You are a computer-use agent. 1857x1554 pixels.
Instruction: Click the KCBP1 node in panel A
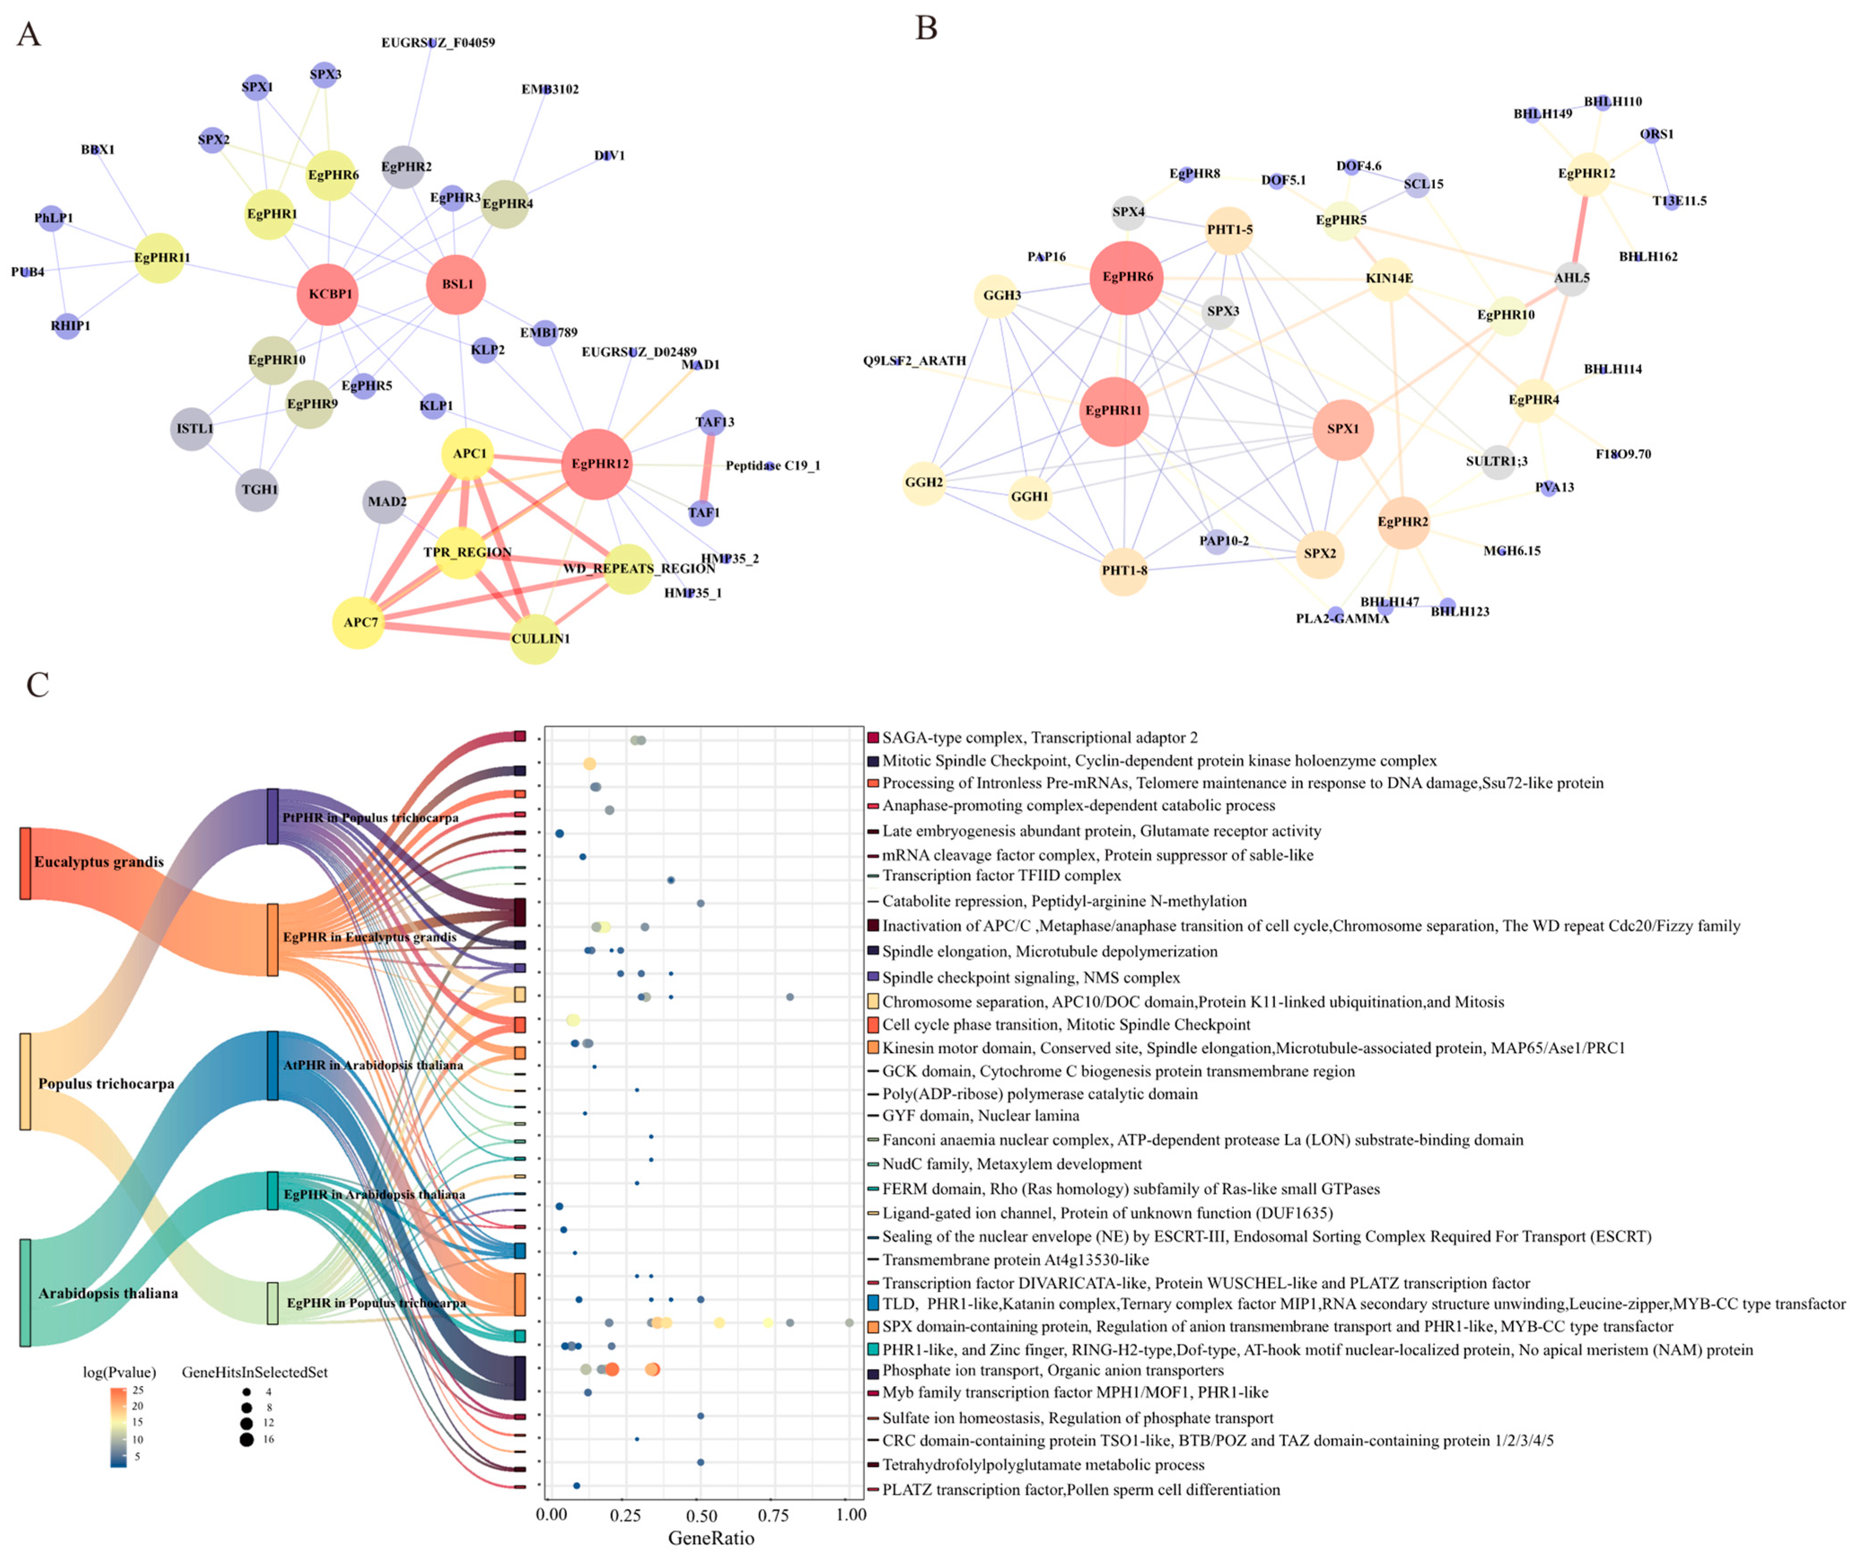click(x=328, y=294)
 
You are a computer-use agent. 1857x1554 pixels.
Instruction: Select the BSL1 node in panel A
click(x=456, y=284)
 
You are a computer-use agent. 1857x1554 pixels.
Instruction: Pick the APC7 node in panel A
click(x=359, y=622)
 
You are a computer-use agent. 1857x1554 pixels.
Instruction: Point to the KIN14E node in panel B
click(x=1389, y=278)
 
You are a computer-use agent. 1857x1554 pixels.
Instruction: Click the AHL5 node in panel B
click(x=1571, y=278)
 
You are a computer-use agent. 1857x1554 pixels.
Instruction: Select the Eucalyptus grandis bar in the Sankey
click(x=26, y=863)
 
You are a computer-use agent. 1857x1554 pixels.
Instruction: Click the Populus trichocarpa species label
click(x=106, y=1084)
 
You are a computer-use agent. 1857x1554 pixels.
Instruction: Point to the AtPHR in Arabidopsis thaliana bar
click(x=272, y=1066)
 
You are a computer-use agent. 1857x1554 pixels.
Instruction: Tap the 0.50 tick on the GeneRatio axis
click(x=701, y=1515)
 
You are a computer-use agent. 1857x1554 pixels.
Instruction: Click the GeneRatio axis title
click(x=711, y=1538)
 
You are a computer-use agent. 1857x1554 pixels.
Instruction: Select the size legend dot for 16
click(x=246, y=1440)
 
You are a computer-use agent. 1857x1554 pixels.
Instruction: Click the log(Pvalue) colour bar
click(x=118, y=1427)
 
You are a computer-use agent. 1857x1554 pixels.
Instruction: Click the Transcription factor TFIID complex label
click(x=1001, y=876)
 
